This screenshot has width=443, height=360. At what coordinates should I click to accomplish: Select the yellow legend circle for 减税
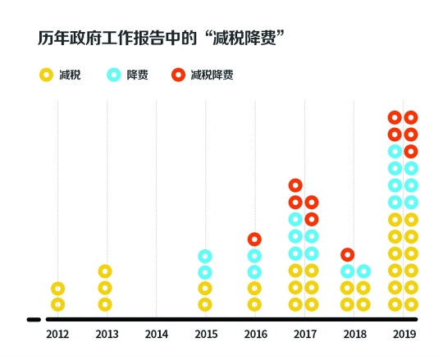click(47, 75)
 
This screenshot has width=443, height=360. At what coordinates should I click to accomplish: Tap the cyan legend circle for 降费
click(114, 75)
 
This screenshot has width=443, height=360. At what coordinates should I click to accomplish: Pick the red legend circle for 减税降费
click(178, 75)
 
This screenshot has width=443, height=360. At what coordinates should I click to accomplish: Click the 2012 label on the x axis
click(57, 335)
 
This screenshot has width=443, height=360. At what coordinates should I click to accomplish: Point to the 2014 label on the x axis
click(156, 335)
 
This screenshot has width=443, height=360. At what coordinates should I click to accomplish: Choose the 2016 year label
click(255, 335)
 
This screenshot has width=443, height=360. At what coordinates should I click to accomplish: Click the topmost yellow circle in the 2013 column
click(105, 271)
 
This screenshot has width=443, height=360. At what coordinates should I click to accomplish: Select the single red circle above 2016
click(255, 239)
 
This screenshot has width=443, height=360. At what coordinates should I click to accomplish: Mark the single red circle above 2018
click(347, 254)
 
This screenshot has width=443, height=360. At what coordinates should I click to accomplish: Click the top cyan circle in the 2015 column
click(205, 256)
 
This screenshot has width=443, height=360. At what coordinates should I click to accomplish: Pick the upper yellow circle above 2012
click(57, 288)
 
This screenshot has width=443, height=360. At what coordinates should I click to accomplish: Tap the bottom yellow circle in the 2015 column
click(205, 304)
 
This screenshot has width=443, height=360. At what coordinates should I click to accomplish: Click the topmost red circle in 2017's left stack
click(295, 185)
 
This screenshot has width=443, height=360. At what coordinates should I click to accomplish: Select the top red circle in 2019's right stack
click(411, 117)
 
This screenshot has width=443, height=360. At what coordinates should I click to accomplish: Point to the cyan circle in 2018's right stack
click(363, 271)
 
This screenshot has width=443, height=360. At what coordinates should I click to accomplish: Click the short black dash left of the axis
click(33, 319)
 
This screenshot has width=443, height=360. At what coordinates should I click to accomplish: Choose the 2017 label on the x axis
click(304, 335)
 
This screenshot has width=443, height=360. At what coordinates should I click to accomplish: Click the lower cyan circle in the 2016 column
click(255, 272)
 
